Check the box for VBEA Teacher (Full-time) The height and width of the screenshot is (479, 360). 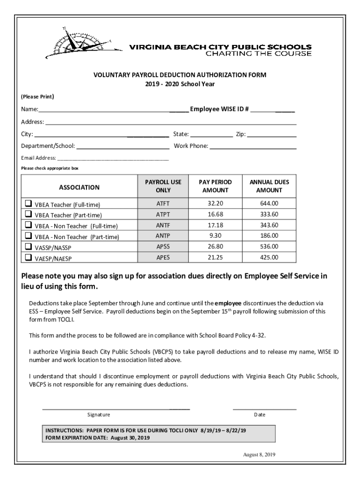coord(29,204)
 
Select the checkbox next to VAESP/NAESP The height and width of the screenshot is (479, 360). coord(29,257)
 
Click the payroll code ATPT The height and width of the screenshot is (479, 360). coord(163,214)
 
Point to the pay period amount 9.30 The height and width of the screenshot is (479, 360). coord(215,236)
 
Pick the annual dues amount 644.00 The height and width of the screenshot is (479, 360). coord(269,203)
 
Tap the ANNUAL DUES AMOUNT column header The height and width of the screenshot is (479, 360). coord(269,186)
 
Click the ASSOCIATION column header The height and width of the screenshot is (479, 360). coord(79,187)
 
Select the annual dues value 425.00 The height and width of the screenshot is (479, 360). coord(269,257)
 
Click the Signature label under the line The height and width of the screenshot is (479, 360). coord(99,415)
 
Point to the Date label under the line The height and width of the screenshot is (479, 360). coord(259,415)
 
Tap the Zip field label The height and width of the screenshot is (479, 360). coord(240,134)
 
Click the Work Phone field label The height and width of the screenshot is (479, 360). coord(191,146)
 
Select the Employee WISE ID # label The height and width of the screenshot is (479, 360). coord(219,109)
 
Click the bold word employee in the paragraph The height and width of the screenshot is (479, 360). coord(228,303)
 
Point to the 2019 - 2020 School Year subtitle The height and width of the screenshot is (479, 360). coord(180,84)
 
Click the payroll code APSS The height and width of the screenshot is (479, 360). coord(163,247)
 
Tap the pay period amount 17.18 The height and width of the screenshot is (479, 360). coord(215,225)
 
